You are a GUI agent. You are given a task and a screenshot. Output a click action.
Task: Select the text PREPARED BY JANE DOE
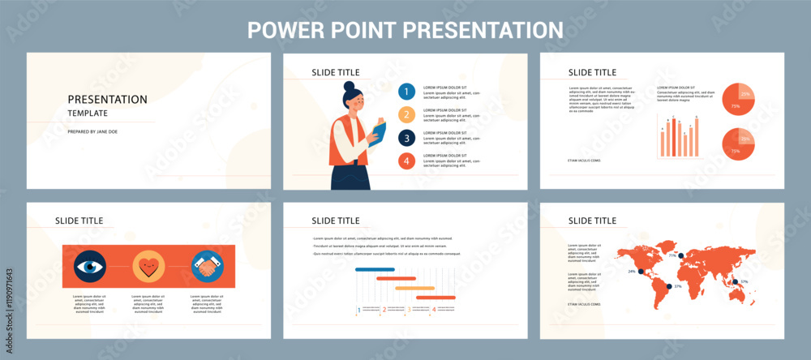92,131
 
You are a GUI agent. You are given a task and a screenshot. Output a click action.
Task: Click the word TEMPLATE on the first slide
88,114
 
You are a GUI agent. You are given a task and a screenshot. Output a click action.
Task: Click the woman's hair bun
349,86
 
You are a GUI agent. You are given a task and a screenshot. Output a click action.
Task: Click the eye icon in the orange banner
90,266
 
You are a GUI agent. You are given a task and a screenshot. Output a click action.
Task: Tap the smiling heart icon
148,266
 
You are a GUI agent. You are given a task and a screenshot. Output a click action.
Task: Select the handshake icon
208,266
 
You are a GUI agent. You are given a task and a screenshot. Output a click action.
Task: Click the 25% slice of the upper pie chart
745,92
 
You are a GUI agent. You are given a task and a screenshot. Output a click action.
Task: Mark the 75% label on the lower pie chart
735,152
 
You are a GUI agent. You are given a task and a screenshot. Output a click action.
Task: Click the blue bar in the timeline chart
375,269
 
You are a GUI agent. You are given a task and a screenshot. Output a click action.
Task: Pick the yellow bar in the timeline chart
414,287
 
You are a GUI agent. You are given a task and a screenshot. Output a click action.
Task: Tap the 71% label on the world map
672,255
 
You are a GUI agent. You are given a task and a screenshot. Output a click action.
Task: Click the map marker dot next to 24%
641,272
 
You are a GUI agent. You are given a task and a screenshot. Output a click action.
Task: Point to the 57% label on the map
744,282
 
